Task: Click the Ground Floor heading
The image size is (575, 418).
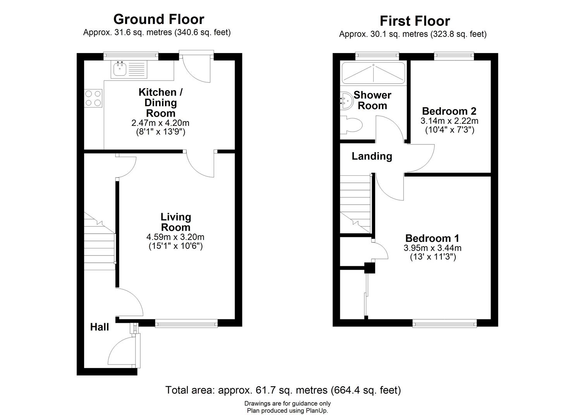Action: coord(158,19)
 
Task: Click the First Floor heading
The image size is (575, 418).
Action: coord(415,21)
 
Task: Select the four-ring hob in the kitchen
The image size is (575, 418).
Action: coord(93,98)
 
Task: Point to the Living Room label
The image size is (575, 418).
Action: coord(175,222)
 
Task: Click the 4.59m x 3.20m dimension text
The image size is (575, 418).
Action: coord(175,237)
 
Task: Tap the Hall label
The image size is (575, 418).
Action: coord(100,327)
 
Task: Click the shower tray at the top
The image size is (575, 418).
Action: coord(373,72)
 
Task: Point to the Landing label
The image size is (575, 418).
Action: coord(372,156)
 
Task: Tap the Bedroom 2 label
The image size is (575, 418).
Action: coord(449,111)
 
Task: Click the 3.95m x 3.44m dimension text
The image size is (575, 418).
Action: coord(433,248)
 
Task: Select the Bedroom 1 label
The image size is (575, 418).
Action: coord(432,238)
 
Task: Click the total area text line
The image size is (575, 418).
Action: coord(283,390)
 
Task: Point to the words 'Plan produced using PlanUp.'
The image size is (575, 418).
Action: coord(287,411)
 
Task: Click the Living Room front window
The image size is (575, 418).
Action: coord(186,323)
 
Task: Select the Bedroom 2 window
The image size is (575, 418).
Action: coord(454,57)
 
